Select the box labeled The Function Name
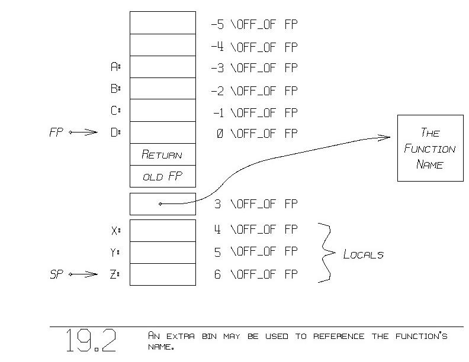click(x=429, y=148)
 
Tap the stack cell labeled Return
click(x=162, y=154)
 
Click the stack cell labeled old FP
click(x=162, y=176)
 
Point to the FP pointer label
click(x=56, y=132)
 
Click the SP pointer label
click(x=56, y=274)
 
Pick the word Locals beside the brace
click(x=363, y=254)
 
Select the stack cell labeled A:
click(x=162, y=67)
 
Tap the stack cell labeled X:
click(x=162, y=230)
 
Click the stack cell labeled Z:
click(x=162, y=274)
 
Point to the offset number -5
click(x=217, y=25)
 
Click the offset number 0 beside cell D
click(x=220, y=134)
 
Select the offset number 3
click(x=217, y=204)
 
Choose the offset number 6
click(x=217, y=274)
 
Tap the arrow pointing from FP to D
click(x=83, y=132)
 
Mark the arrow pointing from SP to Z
click(x=83, y=274)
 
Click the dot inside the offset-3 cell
click(x=160, y=204)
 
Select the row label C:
click(x=115, y=111)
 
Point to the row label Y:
click(x=115, y=253)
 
